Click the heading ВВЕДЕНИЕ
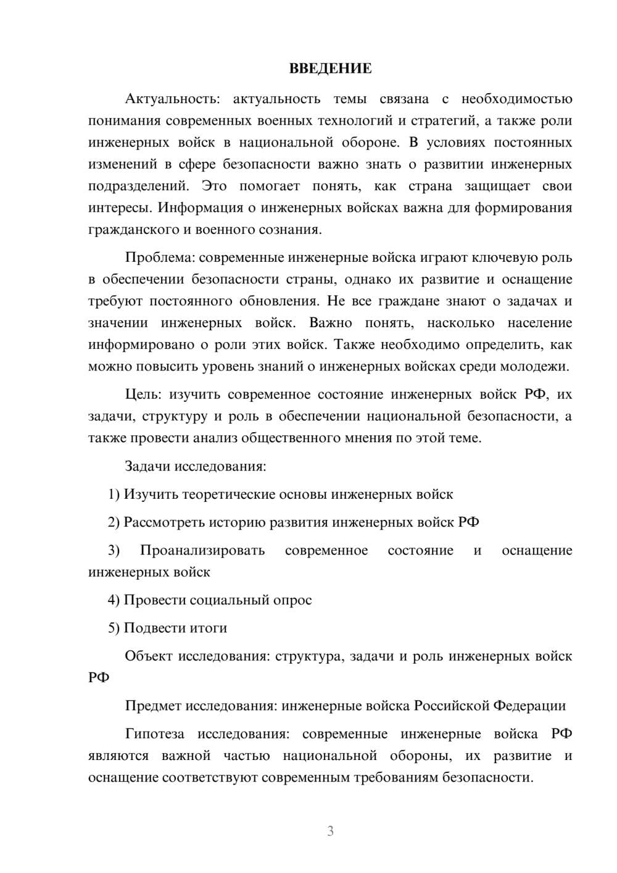click(330, 69)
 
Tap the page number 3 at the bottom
click(330, 831)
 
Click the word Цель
click(142, 395)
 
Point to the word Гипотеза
click(154, 733)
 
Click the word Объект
click(149, 656)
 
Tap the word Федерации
click(530, 706)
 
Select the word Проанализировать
click(202, 550)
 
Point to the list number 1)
click(114, 495)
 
